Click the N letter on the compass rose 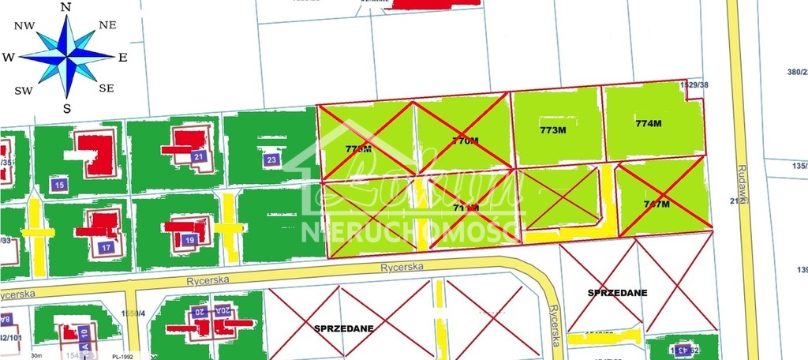67,7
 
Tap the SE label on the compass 107,88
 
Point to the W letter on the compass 8,57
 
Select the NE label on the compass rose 107,25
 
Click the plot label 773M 553,130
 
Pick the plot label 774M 647,123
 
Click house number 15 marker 59,185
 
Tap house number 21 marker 199,156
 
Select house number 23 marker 271,160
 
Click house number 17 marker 106,247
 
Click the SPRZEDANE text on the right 617,292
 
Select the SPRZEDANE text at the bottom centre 343,327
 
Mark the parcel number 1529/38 694,84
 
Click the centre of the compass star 68,56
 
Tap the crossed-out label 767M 656,204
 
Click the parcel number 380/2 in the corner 796,71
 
